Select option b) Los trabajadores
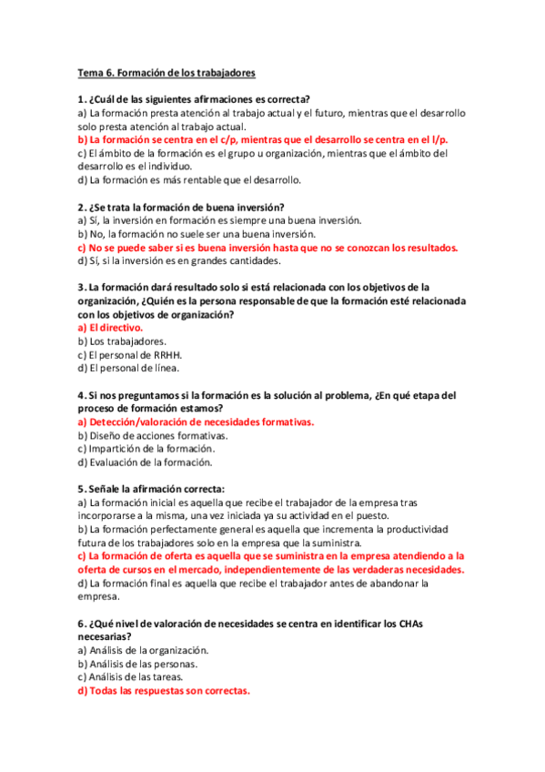[121, 341]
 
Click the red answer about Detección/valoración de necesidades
[196, 422]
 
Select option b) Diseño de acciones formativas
[153, 435]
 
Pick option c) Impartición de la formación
[146, 449]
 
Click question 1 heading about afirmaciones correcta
[195, 99]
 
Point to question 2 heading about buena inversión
[181, 207]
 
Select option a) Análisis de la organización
[144, 650]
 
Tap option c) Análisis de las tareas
[131, 677]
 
